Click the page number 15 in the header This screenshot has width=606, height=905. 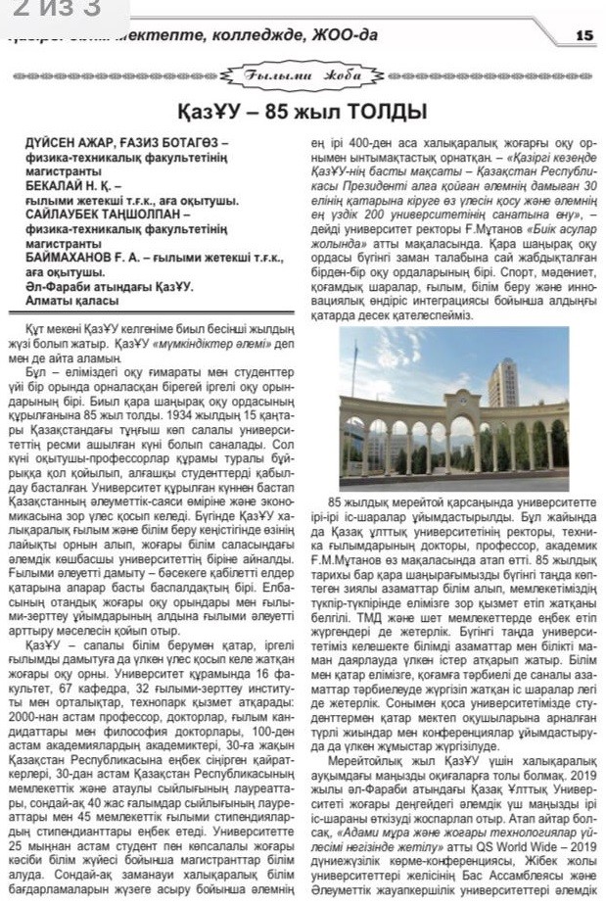tap(584, 35)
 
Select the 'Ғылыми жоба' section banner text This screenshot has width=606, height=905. tap(303, 74)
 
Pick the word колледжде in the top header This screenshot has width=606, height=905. tap(223, 35)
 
